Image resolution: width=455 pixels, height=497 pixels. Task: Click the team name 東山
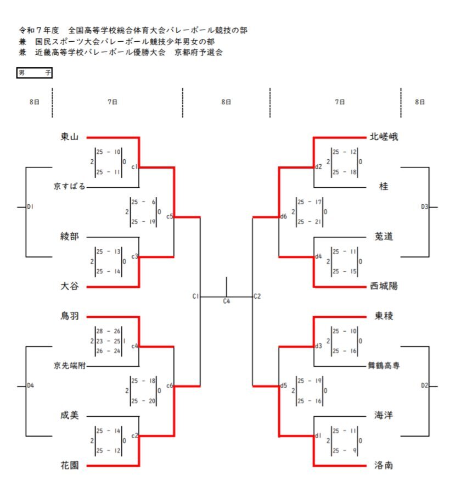[x=70, y=137]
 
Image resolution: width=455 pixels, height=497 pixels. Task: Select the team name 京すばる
[x=70, y=187]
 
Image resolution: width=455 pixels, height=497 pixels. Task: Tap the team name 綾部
[x=70, y=237]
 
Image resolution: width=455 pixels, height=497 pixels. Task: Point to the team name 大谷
[x=70, y=287]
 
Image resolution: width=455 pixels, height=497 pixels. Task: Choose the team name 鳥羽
[x=70, y=316]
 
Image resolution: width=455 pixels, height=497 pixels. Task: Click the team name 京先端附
[x=70, y=366]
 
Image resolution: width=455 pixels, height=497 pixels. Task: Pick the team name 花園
[x=70, y=466]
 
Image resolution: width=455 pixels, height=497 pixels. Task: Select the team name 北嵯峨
[x=384, y=137]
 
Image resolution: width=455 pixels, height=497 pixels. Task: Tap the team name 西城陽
[x=384, y=287]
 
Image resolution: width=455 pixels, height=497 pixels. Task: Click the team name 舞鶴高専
[x=384, y=366]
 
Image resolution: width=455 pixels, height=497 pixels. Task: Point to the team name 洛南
[x=384, y=466]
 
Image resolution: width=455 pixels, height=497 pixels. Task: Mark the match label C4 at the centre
[x=227, y=301]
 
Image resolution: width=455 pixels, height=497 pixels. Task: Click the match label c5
[x=170, y=217]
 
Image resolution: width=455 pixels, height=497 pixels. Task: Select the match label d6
[x=284, y=217]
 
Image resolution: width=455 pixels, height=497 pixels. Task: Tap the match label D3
[x=424, y=207]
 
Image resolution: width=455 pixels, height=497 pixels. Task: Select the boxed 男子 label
[x=35, y=72]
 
